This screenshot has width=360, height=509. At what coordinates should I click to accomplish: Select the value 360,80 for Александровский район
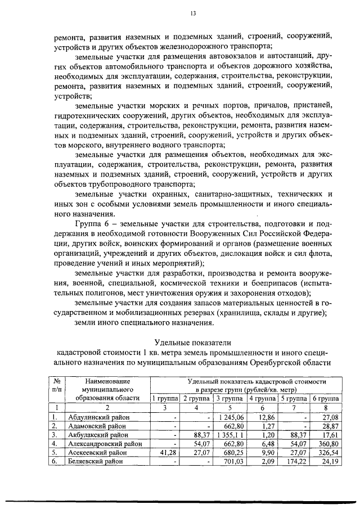pos(328,443)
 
